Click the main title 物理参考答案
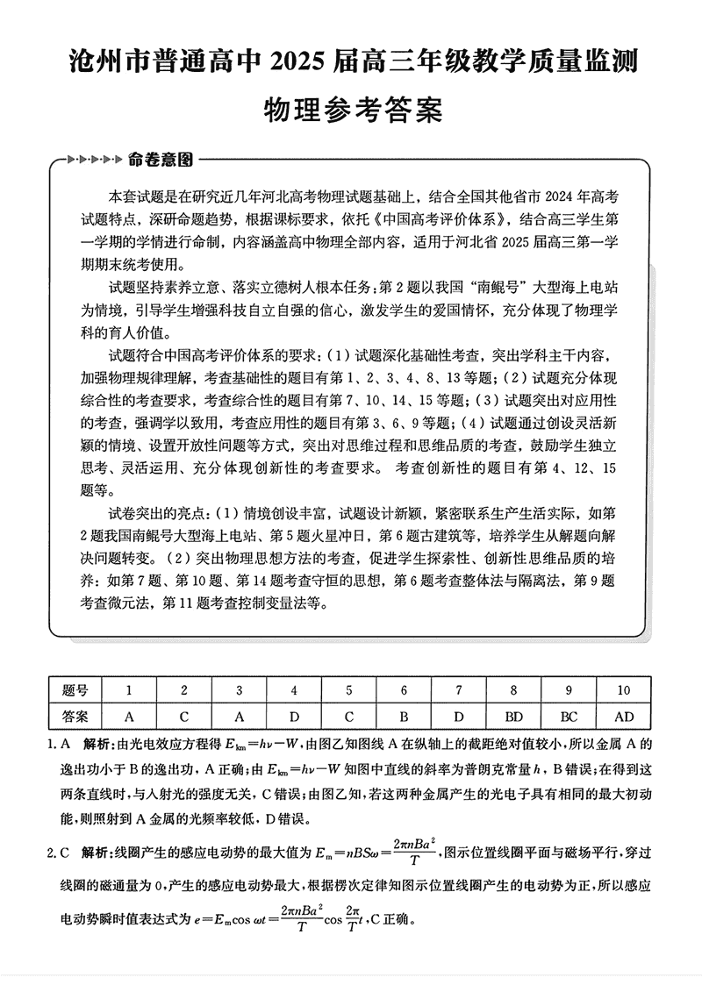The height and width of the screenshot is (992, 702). point(351,111)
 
